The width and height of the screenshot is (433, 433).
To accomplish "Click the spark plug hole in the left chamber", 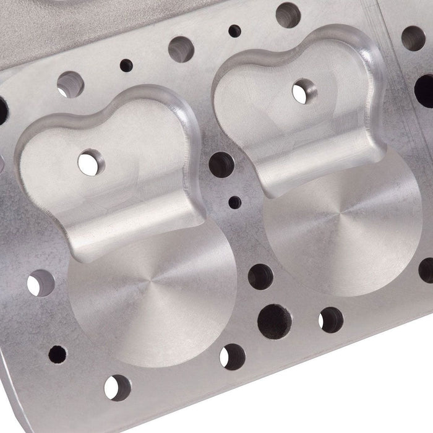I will pyautogui.click(x=91, y=162).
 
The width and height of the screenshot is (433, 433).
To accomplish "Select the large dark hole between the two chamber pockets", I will pyautogui.click(x=221, y=165).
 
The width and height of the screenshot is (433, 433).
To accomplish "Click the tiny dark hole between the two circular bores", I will pyautogui.click(x=235, y=202).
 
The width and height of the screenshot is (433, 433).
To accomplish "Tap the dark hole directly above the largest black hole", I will pyautogui.click(x=260, y=277).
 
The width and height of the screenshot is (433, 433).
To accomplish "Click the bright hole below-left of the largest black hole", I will pyautogui.click(x=232, y=356).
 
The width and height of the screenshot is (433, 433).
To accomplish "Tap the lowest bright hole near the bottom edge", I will pyautogui.click(x=117, y=387).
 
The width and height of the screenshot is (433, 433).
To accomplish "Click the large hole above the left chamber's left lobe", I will pyautogui.click(x=70, y=84).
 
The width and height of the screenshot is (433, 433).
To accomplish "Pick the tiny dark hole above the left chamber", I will pyautogui.click(x=126, y=65).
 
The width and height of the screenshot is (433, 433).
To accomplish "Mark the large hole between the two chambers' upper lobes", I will pyautogui.click(x=181, y=49).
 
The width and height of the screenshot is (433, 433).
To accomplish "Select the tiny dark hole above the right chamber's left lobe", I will pyautogui.click(x=234, y=30).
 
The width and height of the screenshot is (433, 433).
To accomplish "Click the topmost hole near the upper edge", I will pyautogui.click(x=288, y=14).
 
